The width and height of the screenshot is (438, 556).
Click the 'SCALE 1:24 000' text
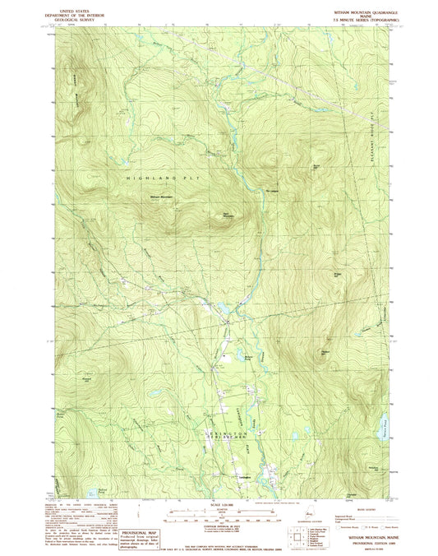point(219,503)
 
